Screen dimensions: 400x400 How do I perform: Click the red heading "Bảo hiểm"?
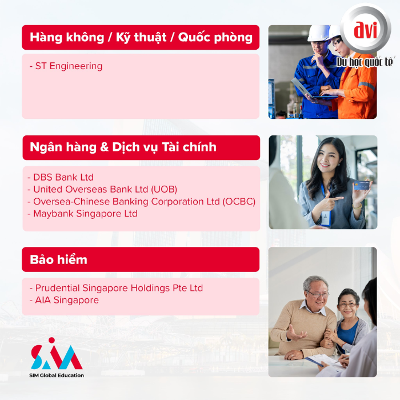click(x=58, y=259)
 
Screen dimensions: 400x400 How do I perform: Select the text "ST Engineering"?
click(x=69, y=66)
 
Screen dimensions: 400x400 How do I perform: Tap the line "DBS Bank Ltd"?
click(x=63, y=177)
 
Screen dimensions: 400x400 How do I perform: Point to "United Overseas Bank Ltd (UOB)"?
click(x=105, y=189)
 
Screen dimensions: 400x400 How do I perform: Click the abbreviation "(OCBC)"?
click(x=239, y=202)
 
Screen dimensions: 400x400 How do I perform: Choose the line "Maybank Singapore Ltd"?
click(x=85, y=214)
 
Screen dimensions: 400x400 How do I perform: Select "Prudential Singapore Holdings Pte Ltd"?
click(x=119, y=288)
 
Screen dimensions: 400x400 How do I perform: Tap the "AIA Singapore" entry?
click(x=67, y=300)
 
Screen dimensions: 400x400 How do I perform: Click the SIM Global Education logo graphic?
click(x=57, y=354)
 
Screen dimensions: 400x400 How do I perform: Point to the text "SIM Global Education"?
click(x=57, y=375)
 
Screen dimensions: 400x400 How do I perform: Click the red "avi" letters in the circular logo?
click(x=365, y=30)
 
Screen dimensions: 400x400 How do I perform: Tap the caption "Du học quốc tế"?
click(x=365, y=62)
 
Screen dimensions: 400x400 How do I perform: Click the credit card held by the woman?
click(x=362, y=186)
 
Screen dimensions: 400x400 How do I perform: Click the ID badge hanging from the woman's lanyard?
click(x=326, y=219)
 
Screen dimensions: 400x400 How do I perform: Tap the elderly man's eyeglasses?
click(x=318, y=294)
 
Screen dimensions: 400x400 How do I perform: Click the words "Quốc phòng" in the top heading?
click(x=215, y=38)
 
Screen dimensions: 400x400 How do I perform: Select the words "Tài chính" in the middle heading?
click(x=189, y=147)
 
